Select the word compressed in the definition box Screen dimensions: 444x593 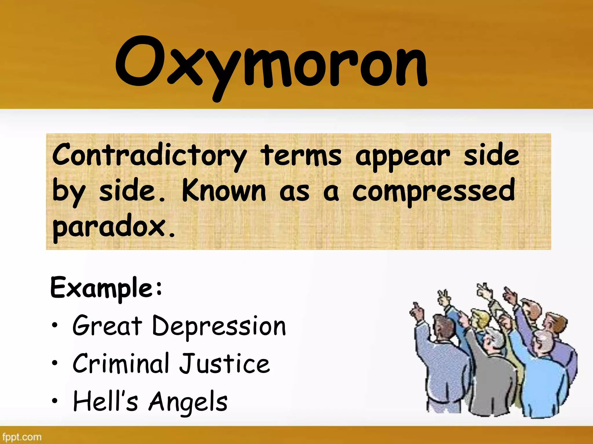point(433,191)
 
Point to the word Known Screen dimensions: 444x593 point(224,191)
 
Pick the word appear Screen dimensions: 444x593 point(402,156)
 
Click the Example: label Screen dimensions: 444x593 point(106,288)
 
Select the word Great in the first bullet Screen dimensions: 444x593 point(107,326)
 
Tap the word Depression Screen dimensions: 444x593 point(219,327)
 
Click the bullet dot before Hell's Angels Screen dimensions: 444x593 point(55,401)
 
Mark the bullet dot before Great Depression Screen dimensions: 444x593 point(55,325)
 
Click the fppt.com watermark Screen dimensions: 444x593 point(22,437)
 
